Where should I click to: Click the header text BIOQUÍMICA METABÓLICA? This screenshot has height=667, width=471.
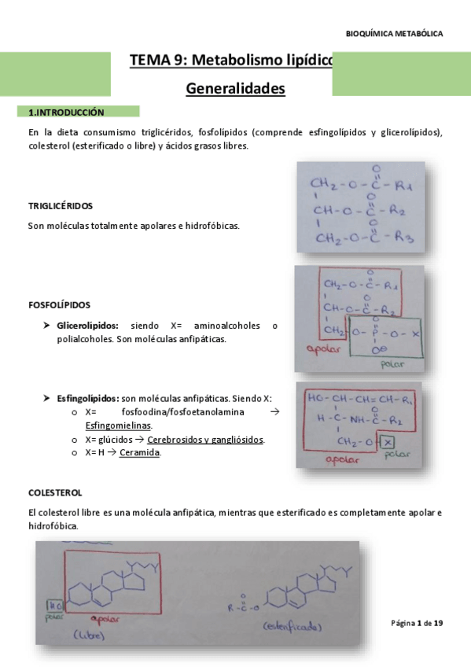click(x=394, y=34)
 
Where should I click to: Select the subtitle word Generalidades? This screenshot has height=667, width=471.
click(x=235, y=90)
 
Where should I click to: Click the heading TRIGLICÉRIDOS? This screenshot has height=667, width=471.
click(x=60, y=206)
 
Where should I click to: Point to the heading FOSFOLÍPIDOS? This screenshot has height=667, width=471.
click(x=59, y=305)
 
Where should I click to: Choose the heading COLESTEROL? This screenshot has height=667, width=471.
click(x=55, y=493)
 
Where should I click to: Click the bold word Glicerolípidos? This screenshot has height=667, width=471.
click(x=87, y=326)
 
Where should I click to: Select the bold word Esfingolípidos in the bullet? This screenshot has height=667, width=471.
click(x=88, y=399)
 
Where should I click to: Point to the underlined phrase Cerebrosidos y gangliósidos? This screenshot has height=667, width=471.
click(x=205, y=440)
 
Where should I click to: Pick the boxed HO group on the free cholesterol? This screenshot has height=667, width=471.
click(x=53, y=606)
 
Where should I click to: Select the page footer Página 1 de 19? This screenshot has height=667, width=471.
click(x=417, y=624)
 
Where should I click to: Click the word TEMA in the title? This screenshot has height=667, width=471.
click(x=149, y=61)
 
